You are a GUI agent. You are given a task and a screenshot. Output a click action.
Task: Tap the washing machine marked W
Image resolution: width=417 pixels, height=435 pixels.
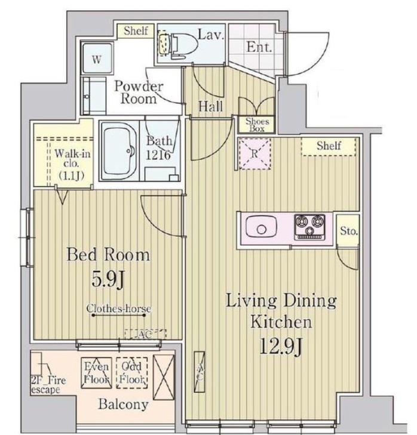click(97, 58)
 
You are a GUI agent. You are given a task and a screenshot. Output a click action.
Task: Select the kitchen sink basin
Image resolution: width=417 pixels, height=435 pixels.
click(261, 227)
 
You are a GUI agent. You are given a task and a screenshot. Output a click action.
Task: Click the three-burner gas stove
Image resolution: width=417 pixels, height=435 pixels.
click(310, 227)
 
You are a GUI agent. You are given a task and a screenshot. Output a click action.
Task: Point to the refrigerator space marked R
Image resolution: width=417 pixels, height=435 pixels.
click(255, 153)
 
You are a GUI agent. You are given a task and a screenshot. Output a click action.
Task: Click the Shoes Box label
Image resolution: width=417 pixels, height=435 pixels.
click(257, 125)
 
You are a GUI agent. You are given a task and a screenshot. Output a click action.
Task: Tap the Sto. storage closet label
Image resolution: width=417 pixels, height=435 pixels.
click(349, 231)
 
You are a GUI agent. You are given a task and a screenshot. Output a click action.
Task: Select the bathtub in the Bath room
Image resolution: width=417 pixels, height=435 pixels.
click(120, 150)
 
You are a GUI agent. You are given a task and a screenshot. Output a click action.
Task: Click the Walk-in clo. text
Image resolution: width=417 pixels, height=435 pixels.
click(72, 158)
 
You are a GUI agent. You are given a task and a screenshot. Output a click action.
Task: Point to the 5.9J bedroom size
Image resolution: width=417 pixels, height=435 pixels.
click(108, 280)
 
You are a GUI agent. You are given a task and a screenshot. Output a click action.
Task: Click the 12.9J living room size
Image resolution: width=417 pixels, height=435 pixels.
click(281, 346)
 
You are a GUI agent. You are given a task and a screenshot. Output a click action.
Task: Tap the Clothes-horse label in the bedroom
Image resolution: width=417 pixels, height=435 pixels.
click(119, 308)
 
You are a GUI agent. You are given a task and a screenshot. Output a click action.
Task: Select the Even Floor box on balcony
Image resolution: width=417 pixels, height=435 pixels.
click(96, 372)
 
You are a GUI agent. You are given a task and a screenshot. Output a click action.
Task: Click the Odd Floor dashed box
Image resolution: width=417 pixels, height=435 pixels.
click(131, 372)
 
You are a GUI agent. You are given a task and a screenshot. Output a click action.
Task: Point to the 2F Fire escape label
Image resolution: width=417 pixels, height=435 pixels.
click(48, 385)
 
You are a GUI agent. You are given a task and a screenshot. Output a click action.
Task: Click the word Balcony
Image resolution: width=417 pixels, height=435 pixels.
click(123, 405)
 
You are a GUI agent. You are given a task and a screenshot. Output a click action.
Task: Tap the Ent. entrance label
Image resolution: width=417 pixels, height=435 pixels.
click(259, 47)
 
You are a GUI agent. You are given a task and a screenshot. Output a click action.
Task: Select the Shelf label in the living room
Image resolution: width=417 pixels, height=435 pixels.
click(329, 146)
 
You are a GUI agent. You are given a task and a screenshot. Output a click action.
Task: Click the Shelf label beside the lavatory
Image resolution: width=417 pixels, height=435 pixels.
click(136, 30)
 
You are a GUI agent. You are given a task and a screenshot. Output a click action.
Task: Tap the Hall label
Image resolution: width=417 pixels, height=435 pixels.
click(210, 106)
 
